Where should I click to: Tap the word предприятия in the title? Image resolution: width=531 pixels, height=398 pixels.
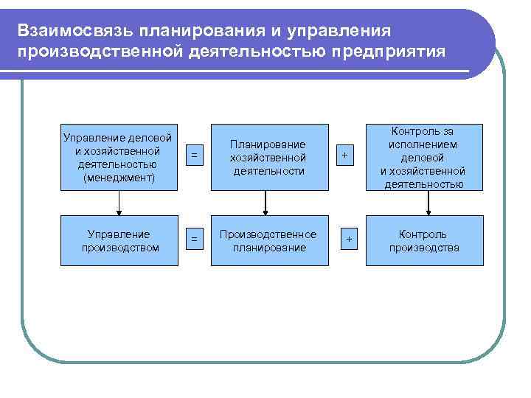click(389, 52)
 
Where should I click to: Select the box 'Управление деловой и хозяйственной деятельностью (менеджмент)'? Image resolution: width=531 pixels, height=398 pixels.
click(119, 157)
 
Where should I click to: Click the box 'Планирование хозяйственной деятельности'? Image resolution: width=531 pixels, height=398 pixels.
click(268, 157)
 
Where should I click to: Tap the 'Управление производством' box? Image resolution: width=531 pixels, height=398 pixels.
click(119, 240)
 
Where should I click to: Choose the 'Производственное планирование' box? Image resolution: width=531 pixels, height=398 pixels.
click(268, 240)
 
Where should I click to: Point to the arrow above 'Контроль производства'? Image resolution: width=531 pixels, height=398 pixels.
click(424, 203)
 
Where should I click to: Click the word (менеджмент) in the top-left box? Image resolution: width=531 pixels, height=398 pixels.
click(119, 178)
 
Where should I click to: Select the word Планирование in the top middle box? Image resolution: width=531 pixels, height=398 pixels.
click(268, 144)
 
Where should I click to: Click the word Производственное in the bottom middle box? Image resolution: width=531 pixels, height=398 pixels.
click(268, 234)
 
